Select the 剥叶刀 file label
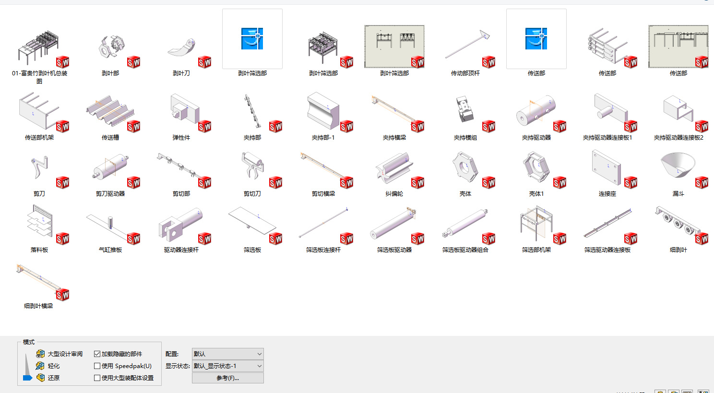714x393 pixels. [x=181, y=73]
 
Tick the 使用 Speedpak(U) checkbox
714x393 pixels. [x=97, y=366]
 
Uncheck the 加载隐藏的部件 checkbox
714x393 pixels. [x=97, y=354]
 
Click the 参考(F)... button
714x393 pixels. [x=227, y=378]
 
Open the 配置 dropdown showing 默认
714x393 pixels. [x=227, y=354]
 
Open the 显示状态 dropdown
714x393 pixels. [x=227, y=366]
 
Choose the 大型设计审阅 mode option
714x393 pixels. [x=65, y=354]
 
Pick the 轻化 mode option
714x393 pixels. [x=53, y=366]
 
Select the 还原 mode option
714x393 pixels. [x=53, y=378]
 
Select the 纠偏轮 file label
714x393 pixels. [x=394, y=194]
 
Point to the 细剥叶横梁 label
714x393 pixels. [x=38, y=306]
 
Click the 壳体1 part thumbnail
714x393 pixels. [x=535, y=167]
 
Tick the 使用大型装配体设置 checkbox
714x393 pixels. [x=97, y=378]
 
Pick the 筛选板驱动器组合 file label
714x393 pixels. [x=465, y=250]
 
